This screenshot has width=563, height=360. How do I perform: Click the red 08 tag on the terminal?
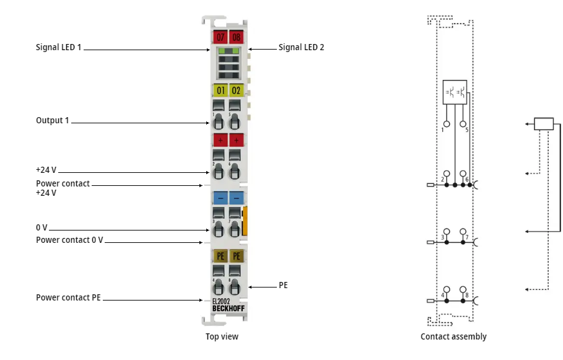coord(236,37)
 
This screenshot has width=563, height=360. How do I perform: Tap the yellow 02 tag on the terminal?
coord(236,90)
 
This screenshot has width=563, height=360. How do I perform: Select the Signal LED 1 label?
coord(58,47)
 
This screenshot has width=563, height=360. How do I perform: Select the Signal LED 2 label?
coord(301,47)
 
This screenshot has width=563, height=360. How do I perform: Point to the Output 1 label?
coord(53,120)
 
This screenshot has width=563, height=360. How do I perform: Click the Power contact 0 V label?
coord(69,240)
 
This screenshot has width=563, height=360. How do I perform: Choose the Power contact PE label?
coord(68,297)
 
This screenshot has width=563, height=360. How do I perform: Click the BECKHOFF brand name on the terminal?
coord(227,309)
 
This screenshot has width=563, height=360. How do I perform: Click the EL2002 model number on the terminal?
coord(221,302)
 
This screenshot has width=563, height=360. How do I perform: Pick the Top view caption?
coord(222,336)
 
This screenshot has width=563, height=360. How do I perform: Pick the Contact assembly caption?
coord(453,336)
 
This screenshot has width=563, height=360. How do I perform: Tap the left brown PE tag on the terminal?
coord(219,255)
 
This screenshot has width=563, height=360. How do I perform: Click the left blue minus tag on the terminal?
coord(219,198)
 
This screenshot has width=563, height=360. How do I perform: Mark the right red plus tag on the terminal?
coord(236,139)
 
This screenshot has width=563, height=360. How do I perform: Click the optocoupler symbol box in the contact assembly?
coord(455,92)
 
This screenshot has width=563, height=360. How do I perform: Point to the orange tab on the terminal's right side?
coord(245,221)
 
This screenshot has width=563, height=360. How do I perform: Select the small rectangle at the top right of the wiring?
coord(543,123)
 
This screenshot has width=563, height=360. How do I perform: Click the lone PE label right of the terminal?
coord(283,286)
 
